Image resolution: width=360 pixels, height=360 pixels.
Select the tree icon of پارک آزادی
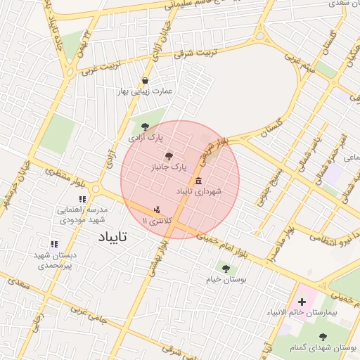click(x=146, y=127)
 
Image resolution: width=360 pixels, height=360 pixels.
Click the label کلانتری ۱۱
click(x=156, y=221)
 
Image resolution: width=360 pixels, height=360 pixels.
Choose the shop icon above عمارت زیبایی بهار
click(x=145, y=80)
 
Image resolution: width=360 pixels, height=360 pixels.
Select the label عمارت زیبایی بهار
click(x=145, y=91)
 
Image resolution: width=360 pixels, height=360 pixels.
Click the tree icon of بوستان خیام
click(x=226, y=268)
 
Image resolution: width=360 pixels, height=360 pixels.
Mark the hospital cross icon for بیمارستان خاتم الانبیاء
click(x=302, y=302)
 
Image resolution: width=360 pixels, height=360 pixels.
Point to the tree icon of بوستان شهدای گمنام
click(x=323, y=337)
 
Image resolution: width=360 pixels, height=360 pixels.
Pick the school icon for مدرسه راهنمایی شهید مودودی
click(x=82, y=200)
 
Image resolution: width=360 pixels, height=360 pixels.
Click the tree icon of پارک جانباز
click(x=167, y=156)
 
